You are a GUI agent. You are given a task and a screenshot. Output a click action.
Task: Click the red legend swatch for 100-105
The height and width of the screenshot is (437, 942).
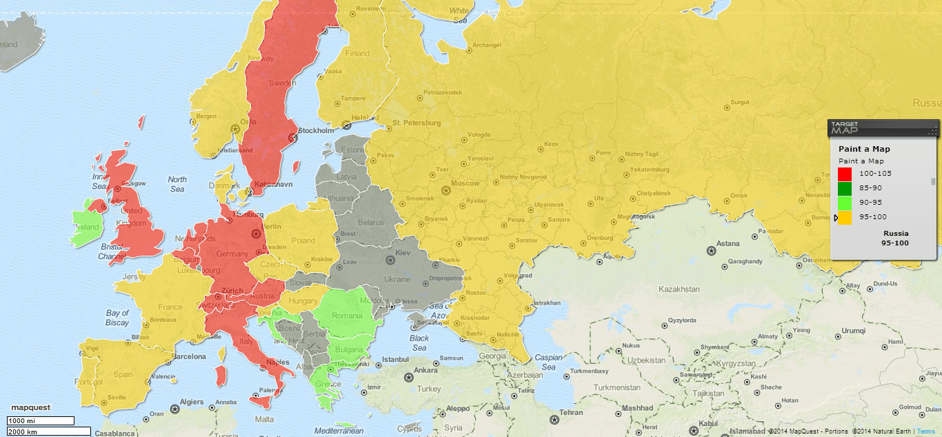(845, 174)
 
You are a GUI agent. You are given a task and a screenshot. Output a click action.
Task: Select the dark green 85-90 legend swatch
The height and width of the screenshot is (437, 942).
(845, 188)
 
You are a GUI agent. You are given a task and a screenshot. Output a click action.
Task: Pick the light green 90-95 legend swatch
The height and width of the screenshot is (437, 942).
(845, 203)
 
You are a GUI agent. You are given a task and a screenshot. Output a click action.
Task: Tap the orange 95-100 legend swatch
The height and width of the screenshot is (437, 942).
(845, 217)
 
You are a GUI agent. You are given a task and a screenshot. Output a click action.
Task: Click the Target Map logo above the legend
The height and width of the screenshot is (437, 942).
(846, 128)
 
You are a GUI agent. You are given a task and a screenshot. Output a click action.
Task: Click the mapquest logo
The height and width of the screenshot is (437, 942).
(30, 408)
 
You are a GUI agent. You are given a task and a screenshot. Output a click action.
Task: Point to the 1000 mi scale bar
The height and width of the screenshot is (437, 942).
(40, 420)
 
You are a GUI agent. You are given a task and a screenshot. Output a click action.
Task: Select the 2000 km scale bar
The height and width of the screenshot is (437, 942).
(49, 431)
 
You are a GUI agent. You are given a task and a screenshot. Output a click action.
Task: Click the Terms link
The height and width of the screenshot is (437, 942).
(926, 431)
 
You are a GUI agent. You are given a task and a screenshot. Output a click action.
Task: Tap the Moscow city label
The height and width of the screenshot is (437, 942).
(465, 184)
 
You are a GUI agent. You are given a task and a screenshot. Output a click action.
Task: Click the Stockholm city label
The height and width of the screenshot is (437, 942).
(317, 130)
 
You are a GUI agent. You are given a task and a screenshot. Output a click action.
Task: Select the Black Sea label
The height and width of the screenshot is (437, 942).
(419, 343)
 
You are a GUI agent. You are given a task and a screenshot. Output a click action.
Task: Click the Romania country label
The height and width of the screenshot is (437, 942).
(346, 316)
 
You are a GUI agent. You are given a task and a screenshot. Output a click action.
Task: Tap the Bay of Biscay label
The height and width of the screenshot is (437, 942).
(117, 318)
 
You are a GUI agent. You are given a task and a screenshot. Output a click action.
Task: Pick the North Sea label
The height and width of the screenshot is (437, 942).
(177, 184)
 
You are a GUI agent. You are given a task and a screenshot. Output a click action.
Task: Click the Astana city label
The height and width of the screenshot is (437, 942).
(728, 243)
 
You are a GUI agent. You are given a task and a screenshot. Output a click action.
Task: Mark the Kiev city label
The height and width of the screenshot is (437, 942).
(402, 254)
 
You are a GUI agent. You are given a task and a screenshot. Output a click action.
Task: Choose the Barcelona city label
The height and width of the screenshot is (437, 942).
(189, 356)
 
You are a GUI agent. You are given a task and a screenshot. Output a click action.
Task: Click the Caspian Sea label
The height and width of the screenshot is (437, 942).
(548, 362)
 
